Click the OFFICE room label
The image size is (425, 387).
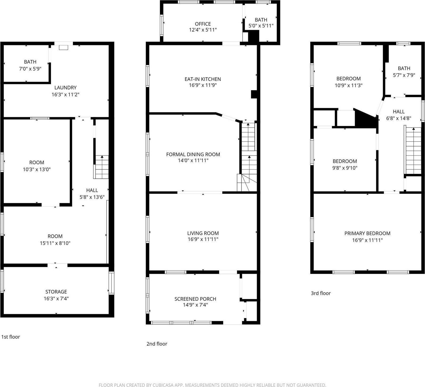point(203,24)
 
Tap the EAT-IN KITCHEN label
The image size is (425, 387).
point(203,79)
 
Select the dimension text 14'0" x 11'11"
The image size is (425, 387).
point(193,160)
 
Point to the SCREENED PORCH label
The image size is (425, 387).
point(195,299)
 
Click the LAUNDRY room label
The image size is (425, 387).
point(66,88)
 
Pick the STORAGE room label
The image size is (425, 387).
point(56,292)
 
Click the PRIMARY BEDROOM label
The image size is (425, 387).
point(367,233)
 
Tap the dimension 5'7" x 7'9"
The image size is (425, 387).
point(404,75)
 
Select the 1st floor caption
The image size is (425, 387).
point(11,337)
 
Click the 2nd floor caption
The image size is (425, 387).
point(157,344)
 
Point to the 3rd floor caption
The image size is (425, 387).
point(321,293)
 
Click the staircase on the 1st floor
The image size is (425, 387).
point(101,167)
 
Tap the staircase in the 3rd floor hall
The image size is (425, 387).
point(413,150)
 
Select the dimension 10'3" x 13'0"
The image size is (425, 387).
point(37,169)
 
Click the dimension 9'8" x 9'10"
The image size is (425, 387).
point(345,168)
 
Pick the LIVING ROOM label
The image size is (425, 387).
point(203,233)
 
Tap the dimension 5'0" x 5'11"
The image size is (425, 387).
point(261,26)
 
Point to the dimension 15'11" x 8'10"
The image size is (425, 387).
point(55,243)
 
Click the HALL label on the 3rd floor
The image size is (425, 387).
point(399,112)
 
